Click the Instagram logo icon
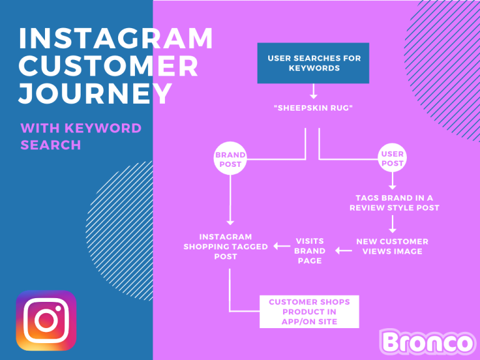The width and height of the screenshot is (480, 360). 46,321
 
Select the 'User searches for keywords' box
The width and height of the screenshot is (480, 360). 314,63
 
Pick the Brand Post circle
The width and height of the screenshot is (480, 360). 230,159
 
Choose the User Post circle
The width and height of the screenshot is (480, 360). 392,159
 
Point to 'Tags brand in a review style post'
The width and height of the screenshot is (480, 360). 392,202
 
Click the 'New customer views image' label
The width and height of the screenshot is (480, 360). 392,246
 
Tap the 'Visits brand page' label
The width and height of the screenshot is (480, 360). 310,251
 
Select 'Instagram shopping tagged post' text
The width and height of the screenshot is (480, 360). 226,246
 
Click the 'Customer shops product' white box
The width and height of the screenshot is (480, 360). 309,311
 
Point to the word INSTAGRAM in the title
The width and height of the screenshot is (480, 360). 116,39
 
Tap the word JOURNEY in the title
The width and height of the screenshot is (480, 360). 95,93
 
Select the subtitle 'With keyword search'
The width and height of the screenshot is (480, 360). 81,136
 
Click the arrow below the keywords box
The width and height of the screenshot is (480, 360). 314,92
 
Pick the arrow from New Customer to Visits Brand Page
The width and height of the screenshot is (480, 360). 343,251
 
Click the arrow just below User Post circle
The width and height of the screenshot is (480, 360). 392,181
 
